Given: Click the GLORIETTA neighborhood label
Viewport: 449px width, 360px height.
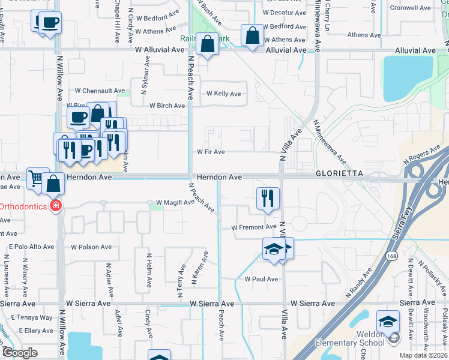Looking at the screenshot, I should (x=340, y=173).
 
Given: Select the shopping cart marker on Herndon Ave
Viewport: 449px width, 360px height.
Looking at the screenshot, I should (x=37, y=178).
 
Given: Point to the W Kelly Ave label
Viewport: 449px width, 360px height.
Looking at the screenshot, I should (x=224, y=94).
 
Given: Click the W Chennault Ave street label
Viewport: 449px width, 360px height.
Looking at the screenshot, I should (x=100, y=91).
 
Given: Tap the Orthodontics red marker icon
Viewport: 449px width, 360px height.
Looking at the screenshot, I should (x=55, y=206).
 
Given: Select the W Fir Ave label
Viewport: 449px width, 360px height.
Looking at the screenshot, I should (x=211, y=152).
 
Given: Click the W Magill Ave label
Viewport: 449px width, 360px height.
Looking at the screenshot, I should (x=175, y=202).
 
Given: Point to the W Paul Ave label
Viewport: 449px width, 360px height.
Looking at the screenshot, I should (x=261, y=279).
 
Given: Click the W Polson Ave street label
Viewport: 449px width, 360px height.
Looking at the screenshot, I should (x=91, y=247).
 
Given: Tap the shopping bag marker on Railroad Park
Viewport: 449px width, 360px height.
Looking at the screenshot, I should (x=208, y=44).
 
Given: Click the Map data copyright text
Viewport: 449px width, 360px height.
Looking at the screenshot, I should (x=424, y=355).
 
